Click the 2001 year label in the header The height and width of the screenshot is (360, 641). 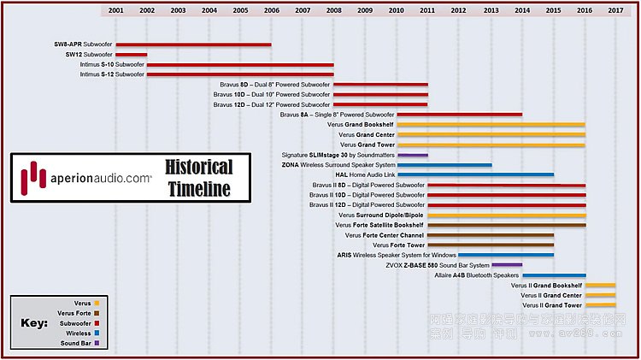pos(116,10)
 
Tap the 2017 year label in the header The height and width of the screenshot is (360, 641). pos(615,10)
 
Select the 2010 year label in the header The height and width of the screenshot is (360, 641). pos(397,10)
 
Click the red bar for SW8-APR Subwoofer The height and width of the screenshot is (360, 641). pos(193,44)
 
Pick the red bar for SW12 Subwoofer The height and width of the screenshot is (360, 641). pos(132,55)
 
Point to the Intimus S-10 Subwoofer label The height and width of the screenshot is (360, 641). pos(112,64)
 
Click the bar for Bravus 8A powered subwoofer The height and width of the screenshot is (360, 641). pos(459,115)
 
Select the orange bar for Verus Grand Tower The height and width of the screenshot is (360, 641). pos(491,145)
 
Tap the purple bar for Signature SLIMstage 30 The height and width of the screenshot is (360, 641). pos(412,155)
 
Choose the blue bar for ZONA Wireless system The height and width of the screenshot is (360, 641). pos(444,164)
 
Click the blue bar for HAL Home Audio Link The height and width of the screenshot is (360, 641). pos(475,174)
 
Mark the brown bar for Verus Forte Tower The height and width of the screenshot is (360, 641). pos(491,245)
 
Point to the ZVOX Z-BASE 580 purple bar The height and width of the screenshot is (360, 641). pos(506,265)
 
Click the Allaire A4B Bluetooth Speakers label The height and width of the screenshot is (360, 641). pos(477,275)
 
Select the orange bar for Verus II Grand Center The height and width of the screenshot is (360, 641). pos(600,295)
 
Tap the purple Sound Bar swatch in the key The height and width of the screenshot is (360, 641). pos(97,343)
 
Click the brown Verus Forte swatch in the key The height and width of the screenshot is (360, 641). pos(97,313)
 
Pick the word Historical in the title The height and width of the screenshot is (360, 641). pos(198,167)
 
